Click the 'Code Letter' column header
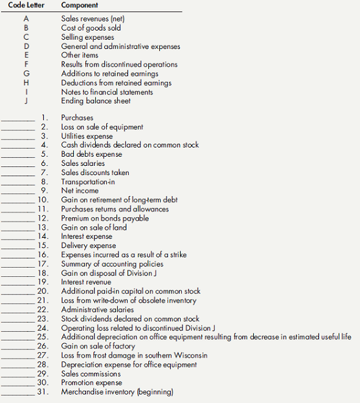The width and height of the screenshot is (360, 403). tap(26, 5)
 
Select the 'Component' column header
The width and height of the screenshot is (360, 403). tap(81, 5)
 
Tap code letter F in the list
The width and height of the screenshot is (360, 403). tap(26, 65)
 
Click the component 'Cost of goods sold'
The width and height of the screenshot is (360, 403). tap(91, 28)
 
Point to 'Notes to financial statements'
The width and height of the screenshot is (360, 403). tap(107, 92)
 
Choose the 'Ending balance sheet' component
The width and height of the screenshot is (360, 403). tap(96, 101)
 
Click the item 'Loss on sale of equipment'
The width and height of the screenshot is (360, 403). tap(102, 127)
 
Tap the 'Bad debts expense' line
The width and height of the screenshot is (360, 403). tap(92, 154)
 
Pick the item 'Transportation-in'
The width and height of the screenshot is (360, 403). tap(88, 182)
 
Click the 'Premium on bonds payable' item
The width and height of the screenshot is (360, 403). tap(105, 218)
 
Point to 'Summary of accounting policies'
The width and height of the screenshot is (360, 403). tap(112, 264)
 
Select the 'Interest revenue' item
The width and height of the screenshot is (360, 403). tap(86, 282)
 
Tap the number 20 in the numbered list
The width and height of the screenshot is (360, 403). tap(43, 291)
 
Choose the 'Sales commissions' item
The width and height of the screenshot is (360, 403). tap(91, 374)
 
